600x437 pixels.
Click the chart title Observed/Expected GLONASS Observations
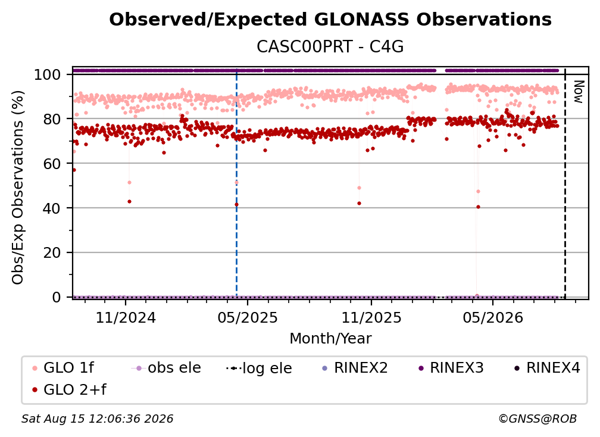pos(330,20)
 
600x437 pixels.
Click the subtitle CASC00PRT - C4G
pos(330,46)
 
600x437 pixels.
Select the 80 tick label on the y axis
pos(52,119)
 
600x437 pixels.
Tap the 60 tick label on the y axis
pos(52,164)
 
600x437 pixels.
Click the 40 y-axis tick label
pos(52,208)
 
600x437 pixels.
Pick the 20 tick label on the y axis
pos(52,253)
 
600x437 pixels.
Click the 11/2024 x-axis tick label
pos(126,317)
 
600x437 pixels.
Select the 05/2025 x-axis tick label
pos(248,317)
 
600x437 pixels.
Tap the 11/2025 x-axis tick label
pos(371,317)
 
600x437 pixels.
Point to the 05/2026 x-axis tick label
pos(493,317)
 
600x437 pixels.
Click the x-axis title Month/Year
pos(330,339)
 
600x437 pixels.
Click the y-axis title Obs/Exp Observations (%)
pos(18,188)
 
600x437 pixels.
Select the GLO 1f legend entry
pos(64,368)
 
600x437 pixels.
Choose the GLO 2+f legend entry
pos(69,389)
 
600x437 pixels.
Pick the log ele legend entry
pos(259,368)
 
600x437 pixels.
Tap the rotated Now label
pos(578,92)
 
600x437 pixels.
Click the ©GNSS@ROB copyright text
pos(537,419)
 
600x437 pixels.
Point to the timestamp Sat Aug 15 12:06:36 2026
pos(97,419)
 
